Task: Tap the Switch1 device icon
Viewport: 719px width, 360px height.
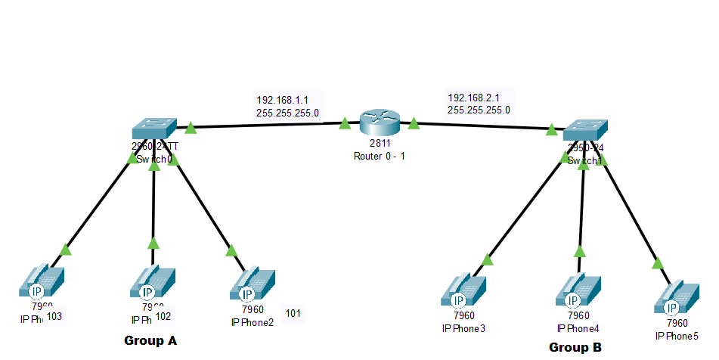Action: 585,130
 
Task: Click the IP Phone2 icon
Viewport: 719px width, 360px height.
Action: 252,285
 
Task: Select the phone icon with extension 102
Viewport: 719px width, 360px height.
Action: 153,284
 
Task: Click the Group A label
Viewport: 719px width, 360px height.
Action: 150,341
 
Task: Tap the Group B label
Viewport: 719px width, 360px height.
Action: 575,348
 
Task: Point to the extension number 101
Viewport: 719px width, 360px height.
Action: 293,312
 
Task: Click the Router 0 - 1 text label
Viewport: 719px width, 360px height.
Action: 380,156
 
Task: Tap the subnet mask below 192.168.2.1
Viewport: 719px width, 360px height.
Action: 479,110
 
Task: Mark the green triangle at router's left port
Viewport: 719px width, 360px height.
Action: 345,123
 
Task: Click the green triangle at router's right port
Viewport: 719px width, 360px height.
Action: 414,123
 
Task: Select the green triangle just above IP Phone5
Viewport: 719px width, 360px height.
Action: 657,263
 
